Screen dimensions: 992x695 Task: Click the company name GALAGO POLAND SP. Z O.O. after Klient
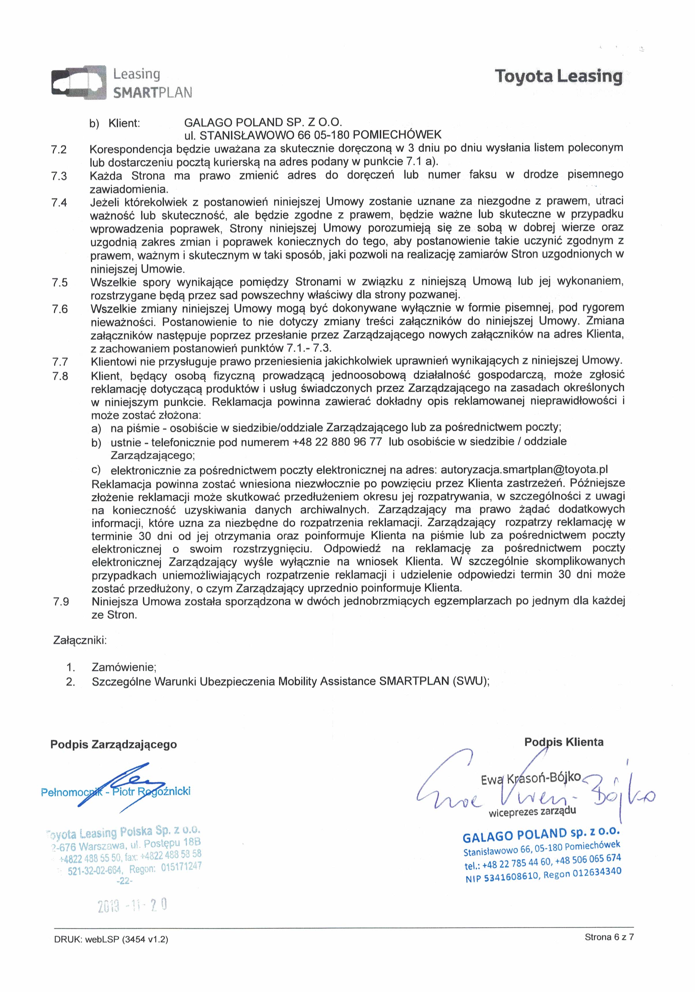click(x=263, y=122)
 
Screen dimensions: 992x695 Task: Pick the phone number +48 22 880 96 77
click(x=337, y=442)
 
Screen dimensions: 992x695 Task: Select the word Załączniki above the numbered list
click(x=79, y=640)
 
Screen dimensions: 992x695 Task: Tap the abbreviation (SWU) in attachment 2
click(x=471, y=681)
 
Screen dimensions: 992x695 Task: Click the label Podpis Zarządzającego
click(x=114, y=744)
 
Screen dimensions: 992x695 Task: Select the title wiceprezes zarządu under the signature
click(x=532, y=811)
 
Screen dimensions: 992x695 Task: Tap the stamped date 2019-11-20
click(x=132, y=905)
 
